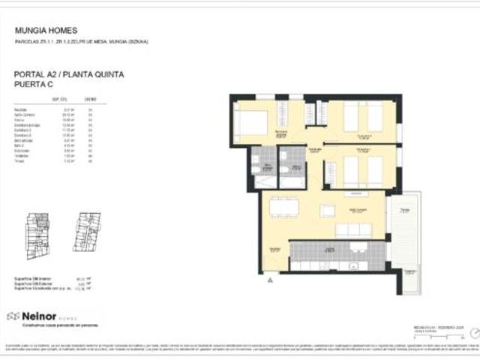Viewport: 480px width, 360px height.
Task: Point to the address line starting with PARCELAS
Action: click(82, 42)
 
